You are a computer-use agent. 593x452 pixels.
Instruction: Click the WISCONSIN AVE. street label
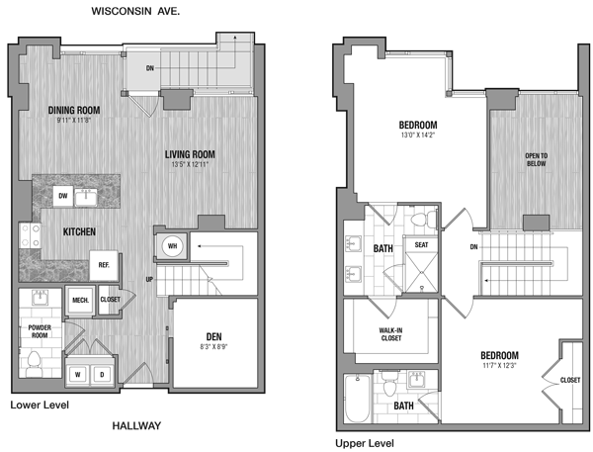pyautogui.click(x=135, y=11)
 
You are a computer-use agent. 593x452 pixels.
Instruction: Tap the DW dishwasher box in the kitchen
pyautogui.click(x=63, y=196)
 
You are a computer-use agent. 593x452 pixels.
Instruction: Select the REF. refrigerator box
pyautogui.click(x=104, y=265)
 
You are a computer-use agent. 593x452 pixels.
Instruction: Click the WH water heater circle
pyautogui.click(x=172, y=246)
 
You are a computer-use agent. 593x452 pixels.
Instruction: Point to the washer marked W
pyautogui.click(x=78, y=375)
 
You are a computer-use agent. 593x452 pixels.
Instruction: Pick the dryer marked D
pyautogui.click(x=102, y=375)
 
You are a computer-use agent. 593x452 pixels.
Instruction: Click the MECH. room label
pyautogui.click(x=81, y=301)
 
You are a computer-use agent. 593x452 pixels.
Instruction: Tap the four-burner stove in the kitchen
pyautogui.click(x=31, y=235)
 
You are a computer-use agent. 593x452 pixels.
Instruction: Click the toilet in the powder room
pyautogui.click(x=34, y=364)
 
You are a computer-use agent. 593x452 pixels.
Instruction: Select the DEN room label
pyautogui.click(x=213, y=336)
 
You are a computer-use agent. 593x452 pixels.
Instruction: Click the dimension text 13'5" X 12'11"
pyautogui.click(x=190, y=164)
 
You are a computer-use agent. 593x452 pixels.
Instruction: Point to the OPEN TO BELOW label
pyautogui.click(x=536, y=160)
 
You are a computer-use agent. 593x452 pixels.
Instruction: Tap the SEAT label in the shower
pyautogui.click(x=421, y=245)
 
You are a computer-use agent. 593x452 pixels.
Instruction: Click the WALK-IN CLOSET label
pyautogui.click(x=391, y=334)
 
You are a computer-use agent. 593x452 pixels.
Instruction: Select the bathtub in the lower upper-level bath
pyautogui.click(x=358, y=399)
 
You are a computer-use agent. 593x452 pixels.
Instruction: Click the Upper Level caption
pyautogui.click(x=365, y=443)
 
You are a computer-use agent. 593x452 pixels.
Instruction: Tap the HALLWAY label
pyautogui.click(x=136, y=426)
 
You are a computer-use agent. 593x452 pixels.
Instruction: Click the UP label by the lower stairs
pyautogui.click(x=149, y=279)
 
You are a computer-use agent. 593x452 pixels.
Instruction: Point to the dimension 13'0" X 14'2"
pyautogui.click(x=418, y=135)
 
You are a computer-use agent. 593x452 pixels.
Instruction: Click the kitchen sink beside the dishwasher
pyautogui.click(x=85, y=197)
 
